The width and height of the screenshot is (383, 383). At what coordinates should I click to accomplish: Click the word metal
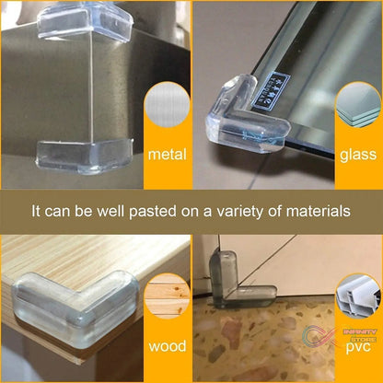coord(168,154)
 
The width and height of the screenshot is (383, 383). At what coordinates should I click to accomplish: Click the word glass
coord(358,154)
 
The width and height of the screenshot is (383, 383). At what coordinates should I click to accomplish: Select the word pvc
coord(358,351)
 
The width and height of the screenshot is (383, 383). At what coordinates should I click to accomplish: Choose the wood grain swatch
coord(168,305)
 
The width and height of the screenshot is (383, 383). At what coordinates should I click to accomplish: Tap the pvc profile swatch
coord(358,305)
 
